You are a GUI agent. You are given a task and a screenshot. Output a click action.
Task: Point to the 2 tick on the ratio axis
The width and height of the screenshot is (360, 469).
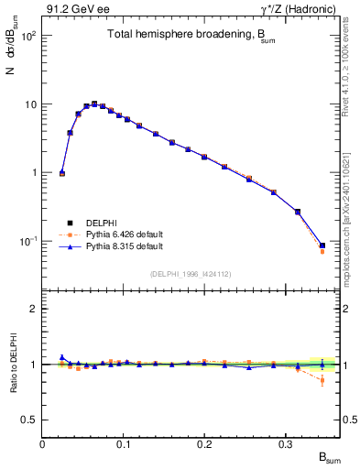(x=34, y=310)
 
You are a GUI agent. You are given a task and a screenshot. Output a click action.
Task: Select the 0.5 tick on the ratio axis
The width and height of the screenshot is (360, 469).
(x=29, y=420)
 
